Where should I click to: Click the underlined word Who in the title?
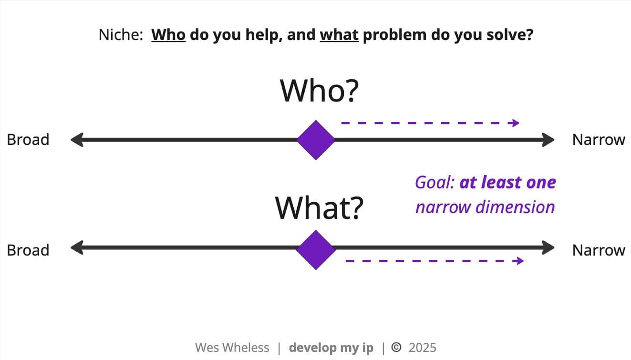click(x=168, y=35)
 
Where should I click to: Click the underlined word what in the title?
click(x=339, y=35)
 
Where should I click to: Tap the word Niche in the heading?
click(x=121, y=35)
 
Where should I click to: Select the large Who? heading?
click(x=319, y=91)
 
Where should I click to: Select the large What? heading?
click(x=319, y=208)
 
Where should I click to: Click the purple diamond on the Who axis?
click(x=316, y=140)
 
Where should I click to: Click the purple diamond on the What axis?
click(x=316, y=250)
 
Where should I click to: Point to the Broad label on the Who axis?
click(x=28, y=139)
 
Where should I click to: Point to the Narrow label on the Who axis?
click(x=599, y=139)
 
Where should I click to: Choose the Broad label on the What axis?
click(x=28, y=250)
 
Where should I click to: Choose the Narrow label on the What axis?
click(x=599, y=250)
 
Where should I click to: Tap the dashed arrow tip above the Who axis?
click(x=519, y=123)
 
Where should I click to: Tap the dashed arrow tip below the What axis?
click(x=523, y=261)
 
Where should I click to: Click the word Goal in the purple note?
click(x=434, y=182)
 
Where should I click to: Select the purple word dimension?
click(x=515, y=207)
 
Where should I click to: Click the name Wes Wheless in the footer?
click(x=232, y=348)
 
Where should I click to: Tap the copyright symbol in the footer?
click(x=396, y=347)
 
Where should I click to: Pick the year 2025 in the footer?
click(x=423, y=348)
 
